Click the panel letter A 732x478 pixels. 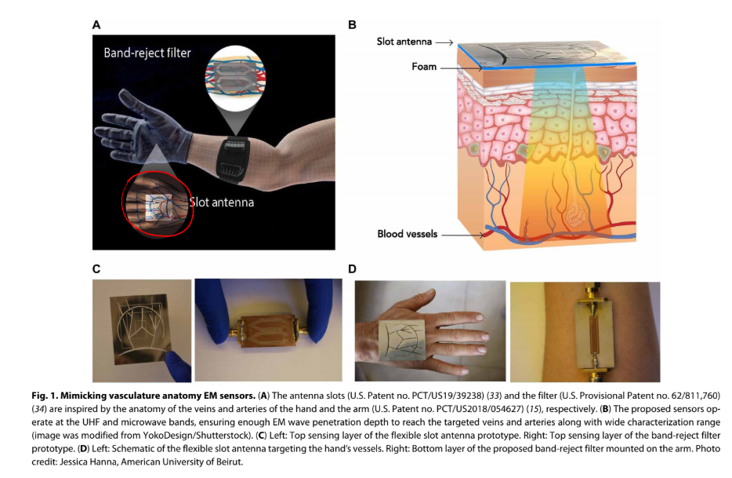tap(96, 24)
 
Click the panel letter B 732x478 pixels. tap(352, 24)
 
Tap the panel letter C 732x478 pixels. tap(96, 269)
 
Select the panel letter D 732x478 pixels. tap(353, 269)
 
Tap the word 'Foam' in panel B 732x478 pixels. tap(424, 68)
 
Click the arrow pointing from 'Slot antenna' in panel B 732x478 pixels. tap(444, 42)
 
